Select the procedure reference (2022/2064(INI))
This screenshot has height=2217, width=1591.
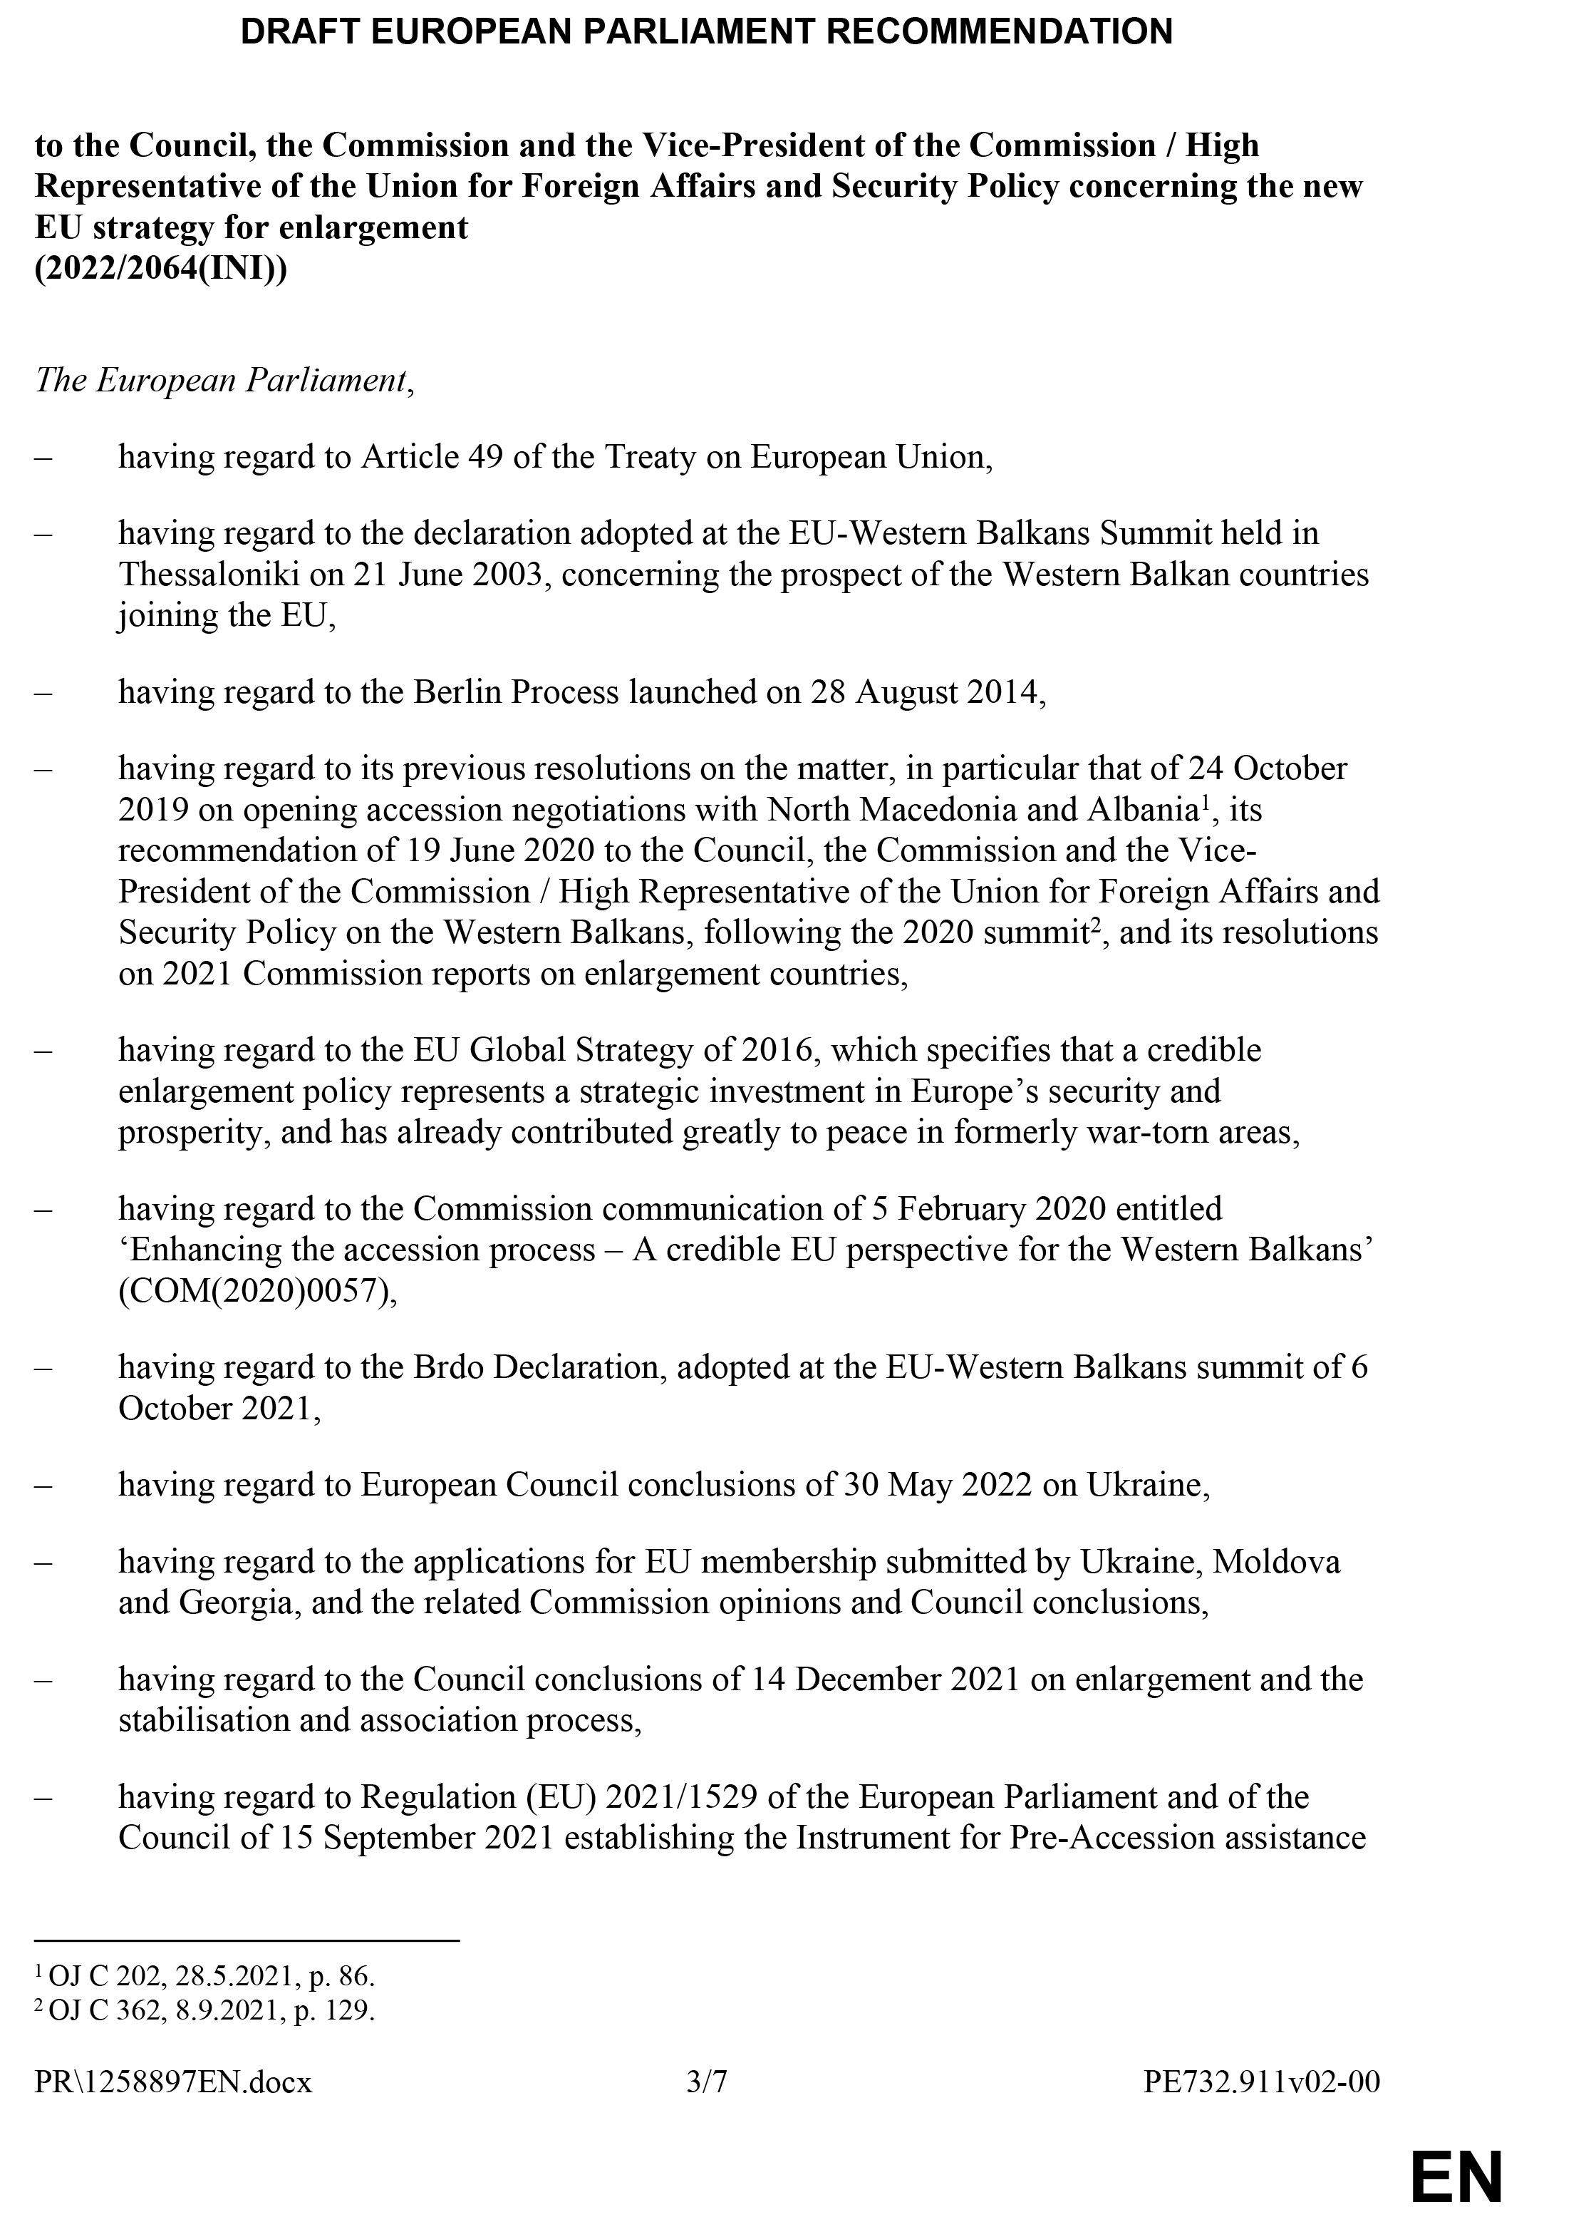tap(161, 269)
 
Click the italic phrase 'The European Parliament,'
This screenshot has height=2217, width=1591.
tap(224, 380)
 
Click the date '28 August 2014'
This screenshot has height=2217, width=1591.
tap(926, 692)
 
